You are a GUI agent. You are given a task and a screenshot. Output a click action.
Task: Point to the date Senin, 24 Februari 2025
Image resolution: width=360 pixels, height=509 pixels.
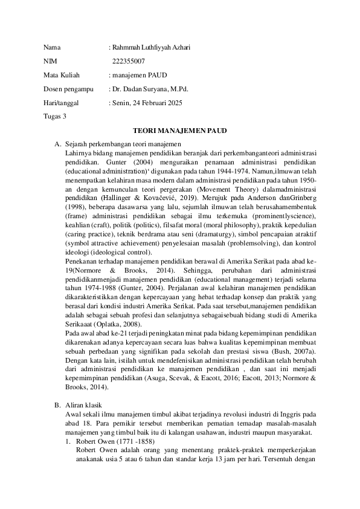(147, 103)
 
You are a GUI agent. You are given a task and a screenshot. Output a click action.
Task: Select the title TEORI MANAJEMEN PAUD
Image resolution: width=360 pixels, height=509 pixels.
(180, 131)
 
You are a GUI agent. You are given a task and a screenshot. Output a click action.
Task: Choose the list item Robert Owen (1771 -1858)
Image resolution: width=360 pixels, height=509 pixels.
(112, 443)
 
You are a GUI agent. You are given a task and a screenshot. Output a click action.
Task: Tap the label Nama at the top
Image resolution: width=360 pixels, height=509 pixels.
(53, 47)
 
